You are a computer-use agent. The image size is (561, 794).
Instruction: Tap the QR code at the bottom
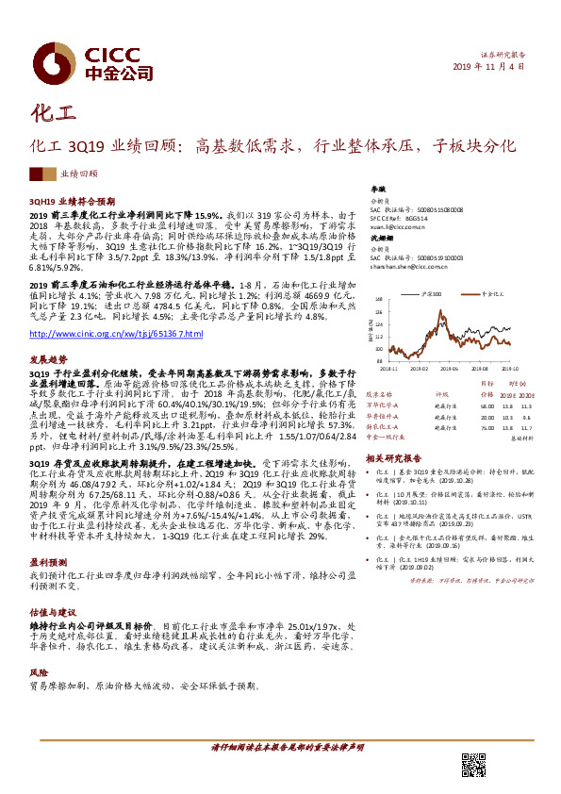click(473, 766)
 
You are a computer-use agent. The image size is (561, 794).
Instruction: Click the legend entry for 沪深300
click(454, 280)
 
